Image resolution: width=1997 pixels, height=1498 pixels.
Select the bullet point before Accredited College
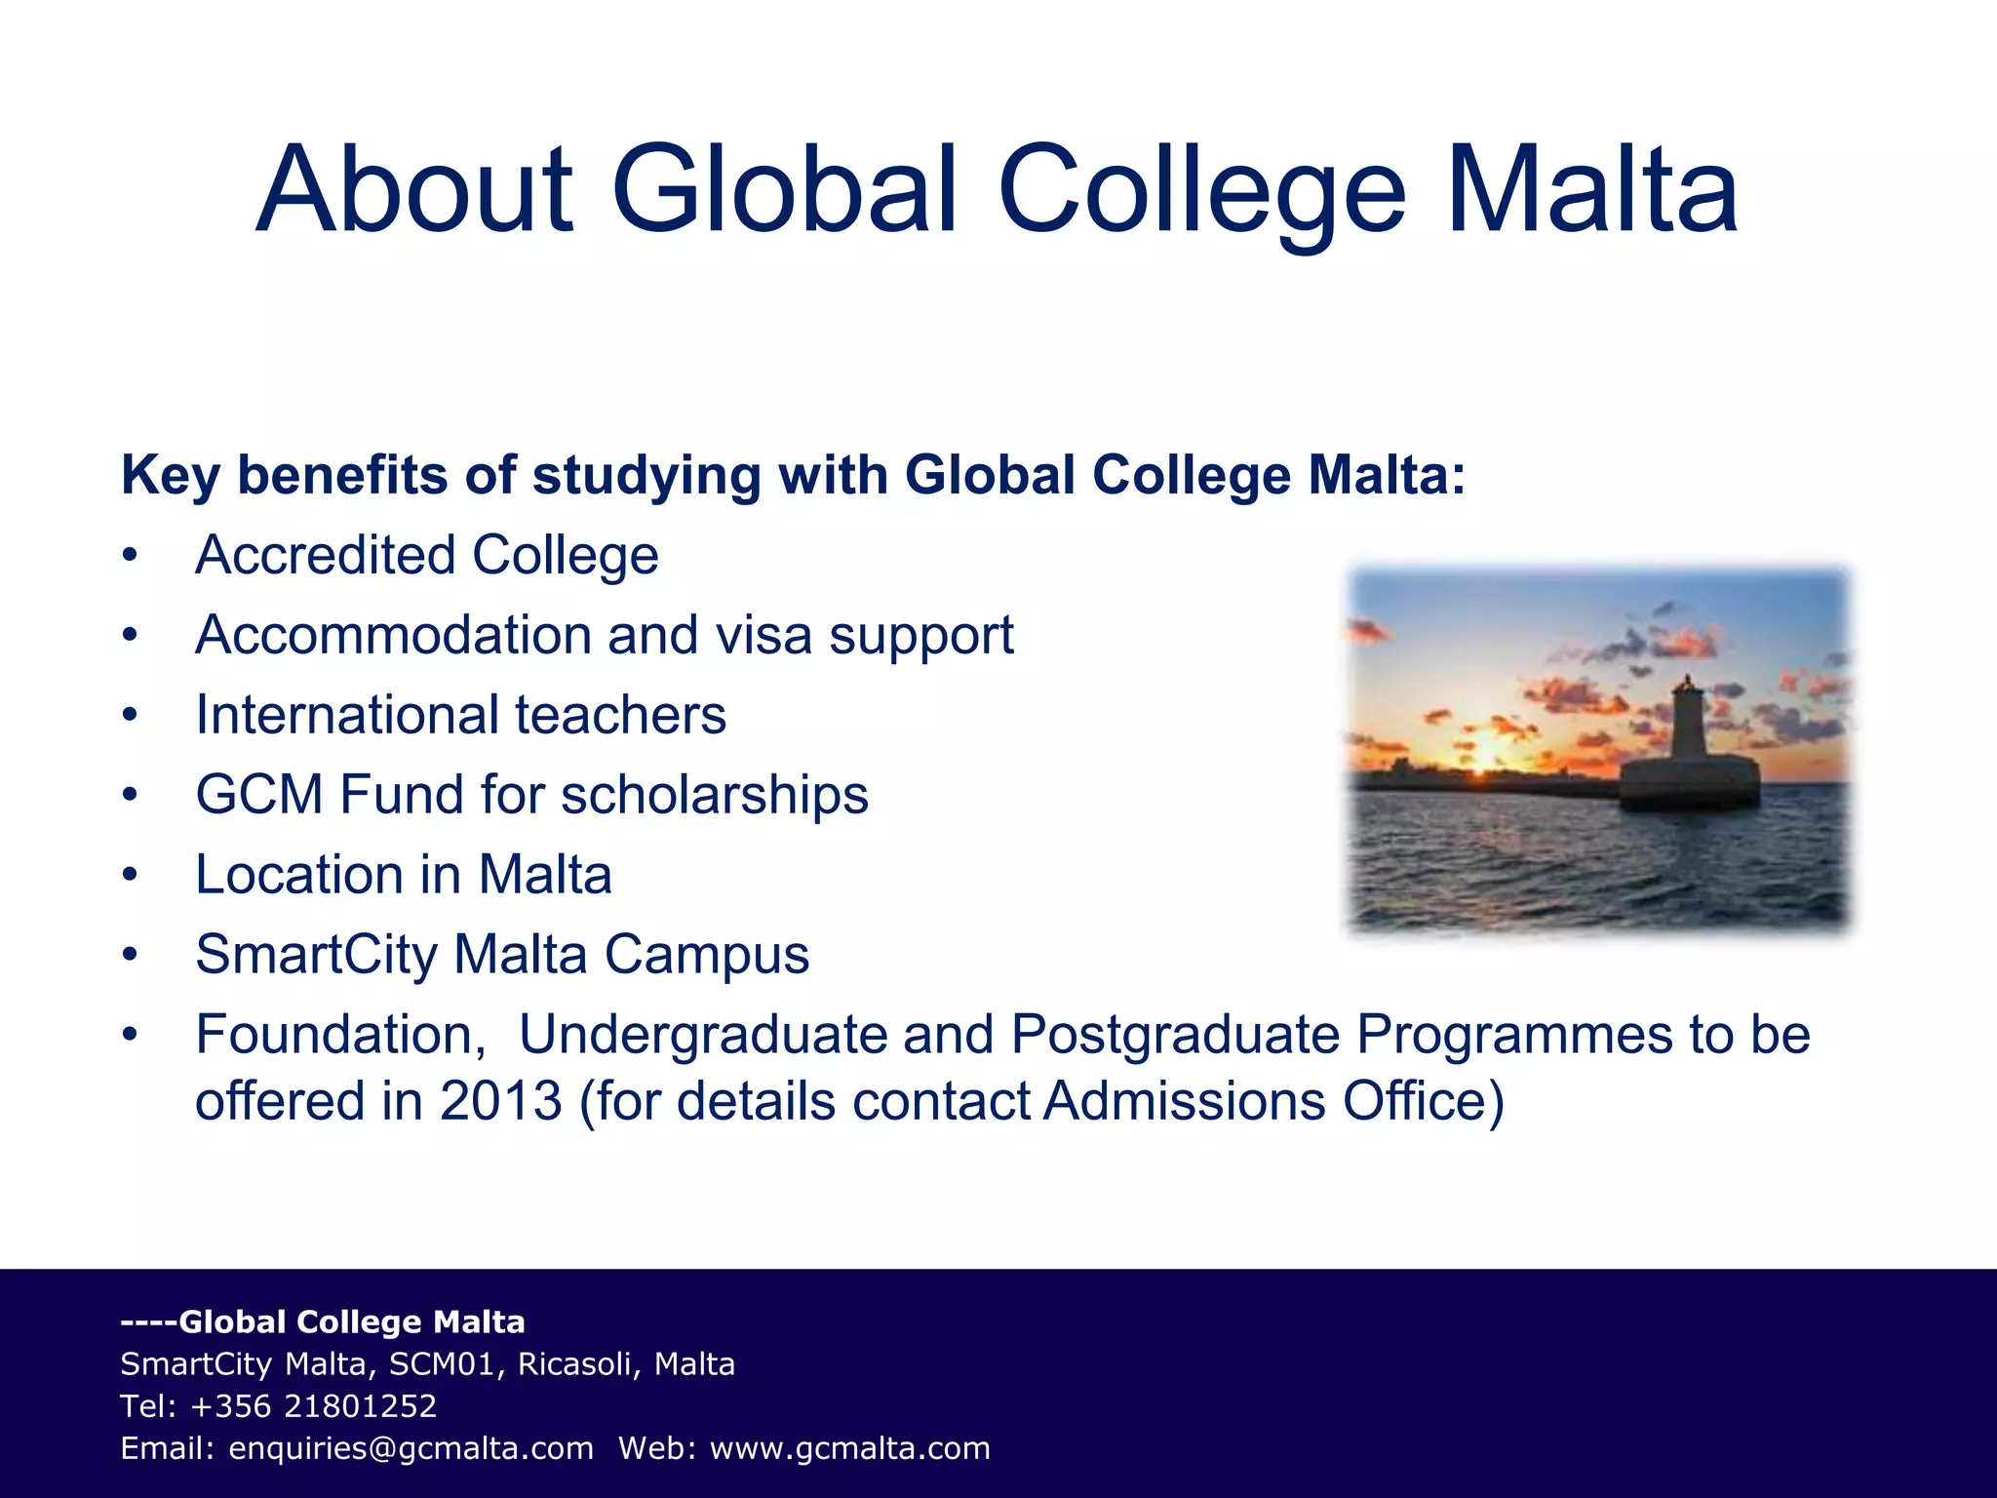pyautogui.click(x=131, y=557)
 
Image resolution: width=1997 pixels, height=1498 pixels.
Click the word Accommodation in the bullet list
pyautogui.click(x=392, y=636)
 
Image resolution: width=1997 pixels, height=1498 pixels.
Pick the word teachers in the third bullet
pyautogui.click(x=620, y=715)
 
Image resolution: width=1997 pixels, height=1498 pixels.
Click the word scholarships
pyautogui.click(x=715, y=795)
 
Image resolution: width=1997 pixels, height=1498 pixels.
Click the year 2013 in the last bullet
pyautogui.click(x=500, y=1101)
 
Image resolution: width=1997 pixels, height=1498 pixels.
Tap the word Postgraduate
pyautogui.click(x=1175, y=1035)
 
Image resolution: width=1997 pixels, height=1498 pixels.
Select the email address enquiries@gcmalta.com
pyautogui.click(x=411, y=1449)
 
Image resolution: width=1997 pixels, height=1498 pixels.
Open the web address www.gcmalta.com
pyautogui.click(x=849, y=1449)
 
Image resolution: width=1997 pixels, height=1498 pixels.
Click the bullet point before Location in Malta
pyautogui.click(x=131, y=875)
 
